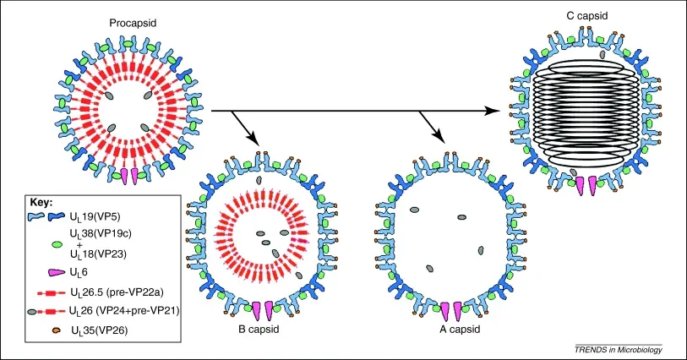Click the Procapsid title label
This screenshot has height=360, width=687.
pyautogui.click(x=133, y=23)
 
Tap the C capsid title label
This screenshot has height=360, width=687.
pyautogui.click(x=587, y=16)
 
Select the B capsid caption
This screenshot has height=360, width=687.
pyautogui.click(x=259, y=329)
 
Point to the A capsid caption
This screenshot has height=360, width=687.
pyautogui.click(x=460, y=329)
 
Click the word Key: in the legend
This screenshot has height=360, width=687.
pyautogui.click(x=41, y=202)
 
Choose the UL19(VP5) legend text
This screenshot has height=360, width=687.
pyautogui.click(x=95, y=216)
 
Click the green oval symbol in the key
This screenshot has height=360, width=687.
pyautogui.click(x=57, y=244)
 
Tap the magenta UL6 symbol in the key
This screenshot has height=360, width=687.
pyautogui.click(x=57, y=272)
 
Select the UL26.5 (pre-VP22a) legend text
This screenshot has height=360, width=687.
pyautogui.click(x=117, y=292)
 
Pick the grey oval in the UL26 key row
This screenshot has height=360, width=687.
pyautogui.click(x=32, y=311)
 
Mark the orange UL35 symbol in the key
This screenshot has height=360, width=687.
pyautogui.click(x=56, y=330)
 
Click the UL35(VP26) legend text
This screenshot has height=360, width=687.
pyautogui.click(x=100, y=330)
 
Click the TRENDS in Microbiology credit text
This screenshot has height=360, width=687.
pyautogui.click(x=619, y=350)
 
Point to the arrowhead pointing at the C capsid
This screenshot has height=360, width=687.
pyautogui.click(x=493, y=111)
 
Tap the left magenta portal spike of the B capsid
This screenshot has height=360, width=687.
pyautogui.click(x=257, y=310)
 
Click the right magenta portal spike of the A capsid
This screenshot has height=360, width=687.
pyautogui.click(x=458, y=311)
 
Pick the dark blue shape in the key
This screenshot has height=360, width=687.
pyautogui.click(x=57, y=215)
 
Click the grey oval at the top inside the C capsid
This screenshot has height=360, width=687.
pyautogui.click(x=602, y=54)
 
